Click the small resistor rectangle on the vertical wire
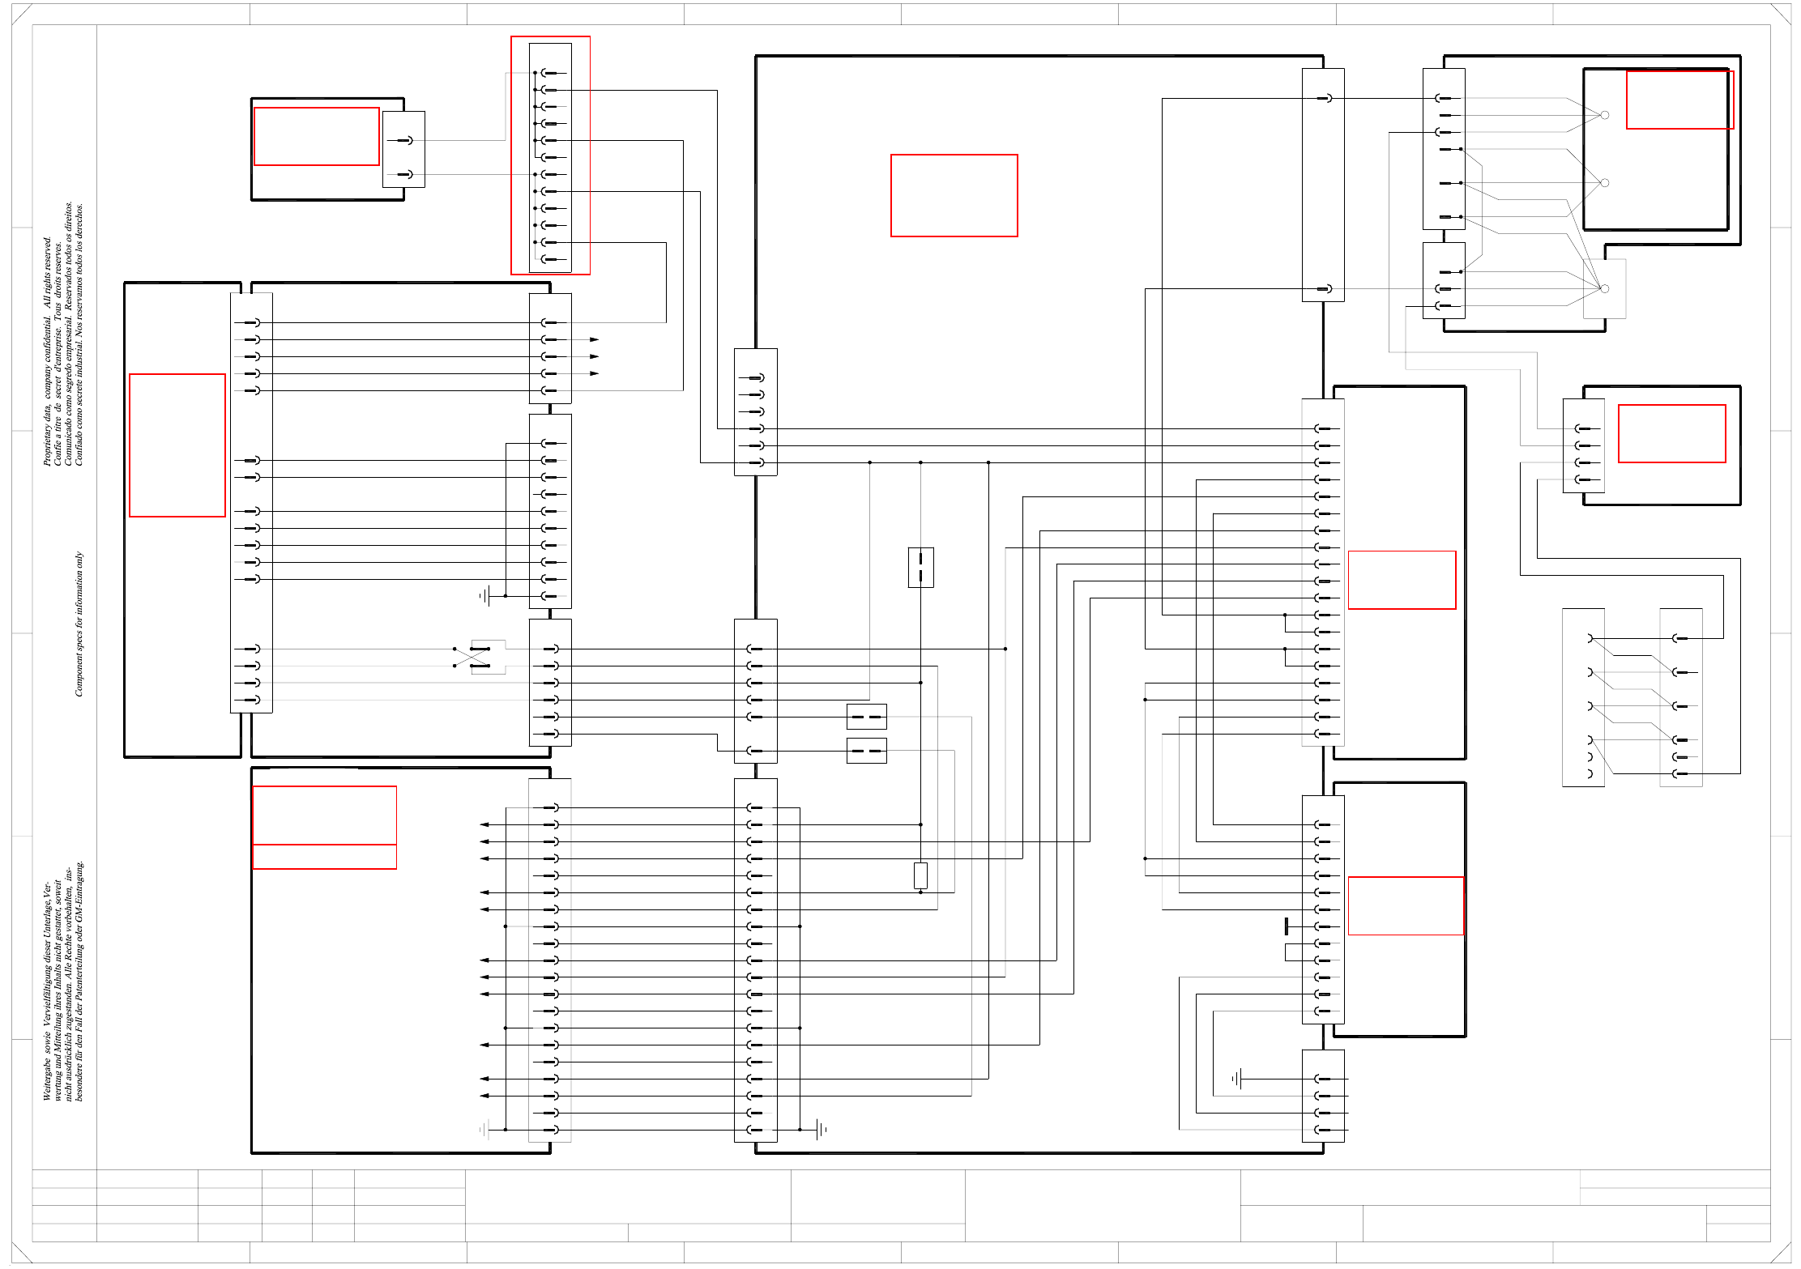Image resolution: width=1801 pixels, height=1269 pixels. pos(920,875)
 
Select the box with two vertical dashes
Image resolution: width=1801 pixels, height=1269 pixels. pos(920,567)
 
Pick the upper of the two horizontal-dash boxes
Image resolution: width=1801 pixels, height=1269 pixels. pos(866,717)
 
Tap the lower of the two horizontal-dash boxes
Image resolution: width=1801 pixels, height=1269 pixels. pos(866,751)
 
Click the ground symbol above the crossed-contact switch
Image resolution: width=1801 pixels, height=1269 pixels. pos(484,596)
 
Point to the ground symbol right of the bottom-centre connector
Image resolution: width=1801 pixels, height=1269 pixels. pos(822,1129)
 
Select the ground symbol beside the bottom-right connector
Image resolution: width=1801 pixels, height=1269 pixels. pos(1237,1079)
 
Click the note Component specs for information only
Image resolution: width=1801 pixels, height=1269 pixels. pos(79,624)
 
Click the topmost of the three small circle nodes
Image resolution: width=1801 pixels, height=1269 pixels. pos(1604,115)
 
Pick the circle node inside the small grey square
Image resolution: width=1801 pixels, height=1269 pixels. pos(1604,288)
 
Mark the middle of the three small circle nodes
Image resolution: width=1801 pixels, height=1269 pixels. pos(1604,183)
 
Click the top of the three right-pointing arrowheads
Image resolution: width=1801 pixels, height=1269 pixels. pos(594,339)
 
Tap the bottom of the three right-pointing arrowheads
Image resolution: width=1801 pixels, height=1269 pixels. pos(594,373)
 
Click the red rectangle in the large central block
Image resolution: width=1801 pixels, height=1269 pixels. pos(954,195)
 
